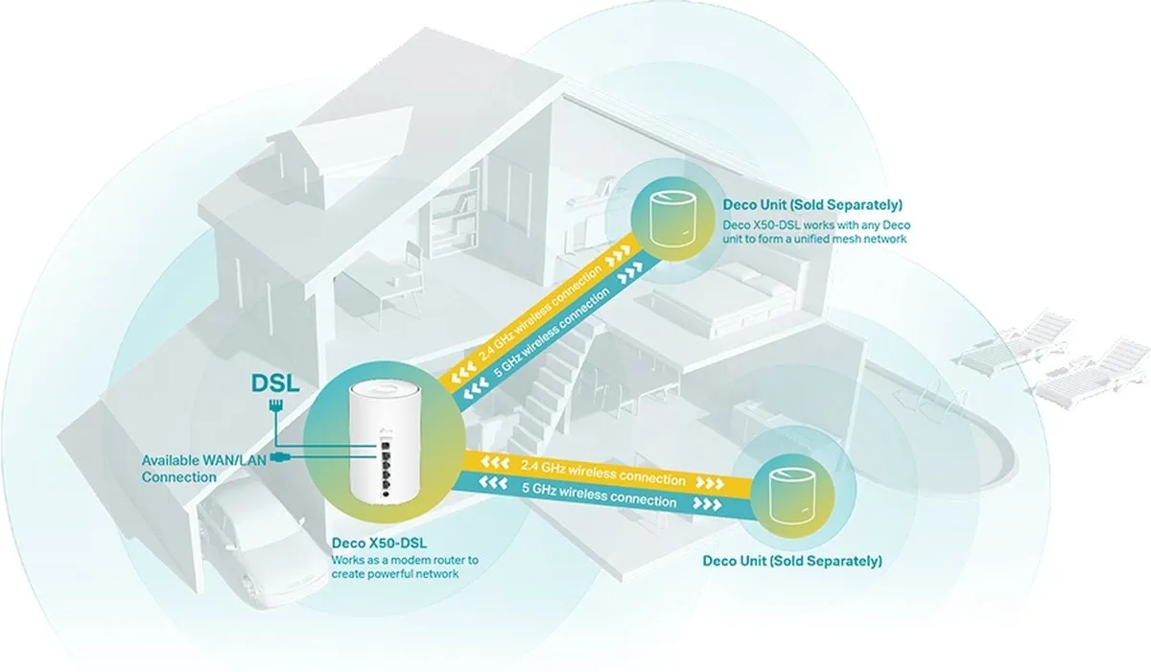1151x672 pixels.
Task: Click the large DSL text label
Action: pos(275,383)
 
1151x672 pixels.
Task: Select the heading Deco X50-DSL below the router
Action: pos(379,543)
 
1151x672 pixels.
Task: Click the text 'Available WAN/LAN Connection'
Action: pos(204,469)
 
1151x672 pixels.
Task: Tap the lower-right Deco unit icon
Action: pos(791,497)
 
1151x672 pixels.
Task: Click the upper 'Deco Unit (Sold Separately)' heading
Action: pos(812,204)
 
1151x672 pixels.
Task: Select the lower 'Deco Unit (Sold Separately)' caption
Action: pos(792,561)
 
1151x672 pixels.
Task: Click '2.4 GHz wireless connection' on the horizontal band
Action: pos(602,473)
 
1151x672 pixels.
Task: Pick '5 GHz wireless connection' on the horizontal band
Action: pos(599,495)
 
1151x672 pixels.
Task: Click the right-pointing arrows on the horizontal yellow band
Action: pos(710,483)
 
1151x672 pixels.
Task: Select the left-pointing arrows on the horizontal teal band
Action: pos(493,483)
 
